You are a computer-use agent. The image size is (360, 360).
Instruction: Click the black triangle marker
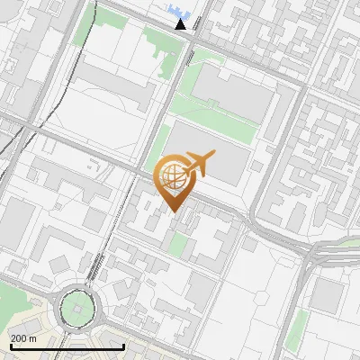(181, 23)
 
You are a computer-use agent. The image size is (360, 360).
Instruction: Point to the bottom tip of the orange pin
(171, 212)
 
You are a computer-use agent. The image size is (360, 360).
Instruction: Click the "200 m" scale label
(23, 337)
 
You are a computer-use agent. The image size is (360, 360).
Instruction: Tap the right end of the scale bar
(123, 346)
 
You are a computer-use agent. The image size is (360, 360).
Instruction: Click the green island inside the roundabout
(79, 309)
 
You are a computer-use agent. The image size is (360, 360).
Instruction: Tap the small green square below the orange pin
(181, 244)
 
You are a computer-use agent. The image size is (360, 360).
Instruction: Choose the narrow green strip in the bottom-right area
(300, 328)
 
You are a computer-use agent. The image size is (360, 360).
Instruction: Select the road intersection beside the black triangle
(192, 40)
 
